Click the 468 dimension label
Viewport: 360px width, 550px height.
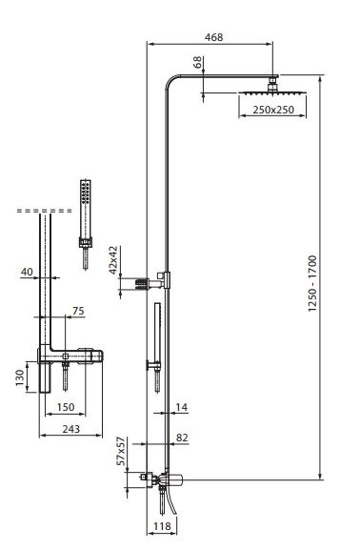coord(213,37)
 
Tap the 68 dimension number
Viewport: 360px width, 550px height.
coord(198,62)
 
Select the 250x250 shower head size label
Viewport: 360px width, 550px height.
coord(273,110)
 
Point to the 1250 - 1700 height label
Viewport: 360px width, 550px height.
coord(312,283)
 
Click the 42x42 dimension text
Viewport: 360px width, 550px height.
coord(113,260)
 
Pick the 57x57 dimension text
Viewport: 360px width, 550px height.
coord(121,451)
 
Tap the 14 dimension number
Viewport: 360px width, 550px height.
coord(181,407)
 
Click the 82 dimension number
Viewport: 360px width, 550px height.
coord(182,438)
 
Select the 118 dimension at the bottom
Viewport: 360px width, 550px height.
coord(162,526)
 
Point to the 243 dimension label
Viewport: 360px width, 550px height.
coord(71,429)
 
